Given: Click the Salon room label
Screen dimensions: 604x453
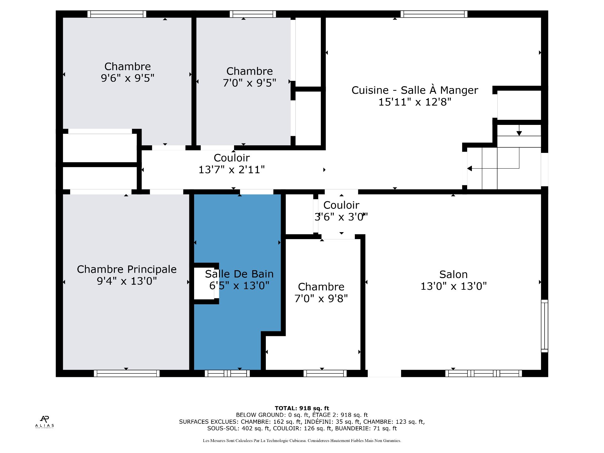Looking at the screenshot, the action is (453, 274).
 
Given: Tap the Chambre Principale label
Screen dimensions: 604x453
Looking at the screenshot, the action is (127, 269).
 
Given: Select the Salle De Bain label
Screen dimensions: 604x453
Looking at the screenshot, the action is (239, 274).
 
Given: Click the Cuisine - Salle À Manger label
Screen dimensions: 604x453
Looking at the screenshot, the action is (415, 90).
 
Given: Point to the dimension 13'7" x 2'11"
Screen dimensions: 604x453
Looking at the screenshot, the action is (232, 170).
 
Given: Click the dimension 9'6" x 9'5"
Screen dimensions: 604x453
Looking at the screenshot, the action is (127, 78).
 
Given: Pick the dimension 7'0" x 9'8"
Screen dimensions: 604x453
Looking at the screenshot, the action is (321, 299).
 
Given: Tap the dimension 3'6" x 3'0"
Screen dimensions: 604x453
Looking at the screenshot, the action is (341, 217).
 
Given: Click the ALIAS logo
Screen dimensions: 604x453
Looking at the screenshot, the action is (45, 422).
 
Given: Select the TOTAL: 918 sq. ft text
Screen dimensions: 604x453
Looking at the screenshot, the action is (302, 408).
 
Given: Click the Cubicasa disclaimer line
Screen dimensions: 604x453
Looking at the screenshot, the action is (302, 441).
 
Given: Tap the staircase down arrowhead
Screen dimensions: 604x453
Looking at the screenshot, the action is (519, 133).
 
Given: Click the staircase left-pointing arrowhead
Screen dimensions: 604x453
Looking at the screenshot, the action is (470, 169).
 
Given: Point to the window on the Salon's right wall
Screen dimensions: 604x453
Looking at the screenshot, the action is (545, 326).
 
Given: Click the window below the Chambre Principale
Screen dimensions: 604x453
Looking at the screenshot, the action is (127, 373).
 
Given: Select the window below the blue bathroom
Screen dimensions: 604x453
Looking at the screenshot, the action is (227, 373).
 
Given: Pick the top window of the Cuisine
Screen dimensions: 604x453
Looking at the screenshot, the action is (434, 14).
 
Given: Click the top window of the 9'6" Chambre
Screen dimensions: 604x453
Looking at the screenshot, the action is (117, 14).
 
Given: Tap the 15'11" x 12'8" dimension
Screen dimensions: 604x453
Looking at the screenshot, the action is (415, 102).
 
